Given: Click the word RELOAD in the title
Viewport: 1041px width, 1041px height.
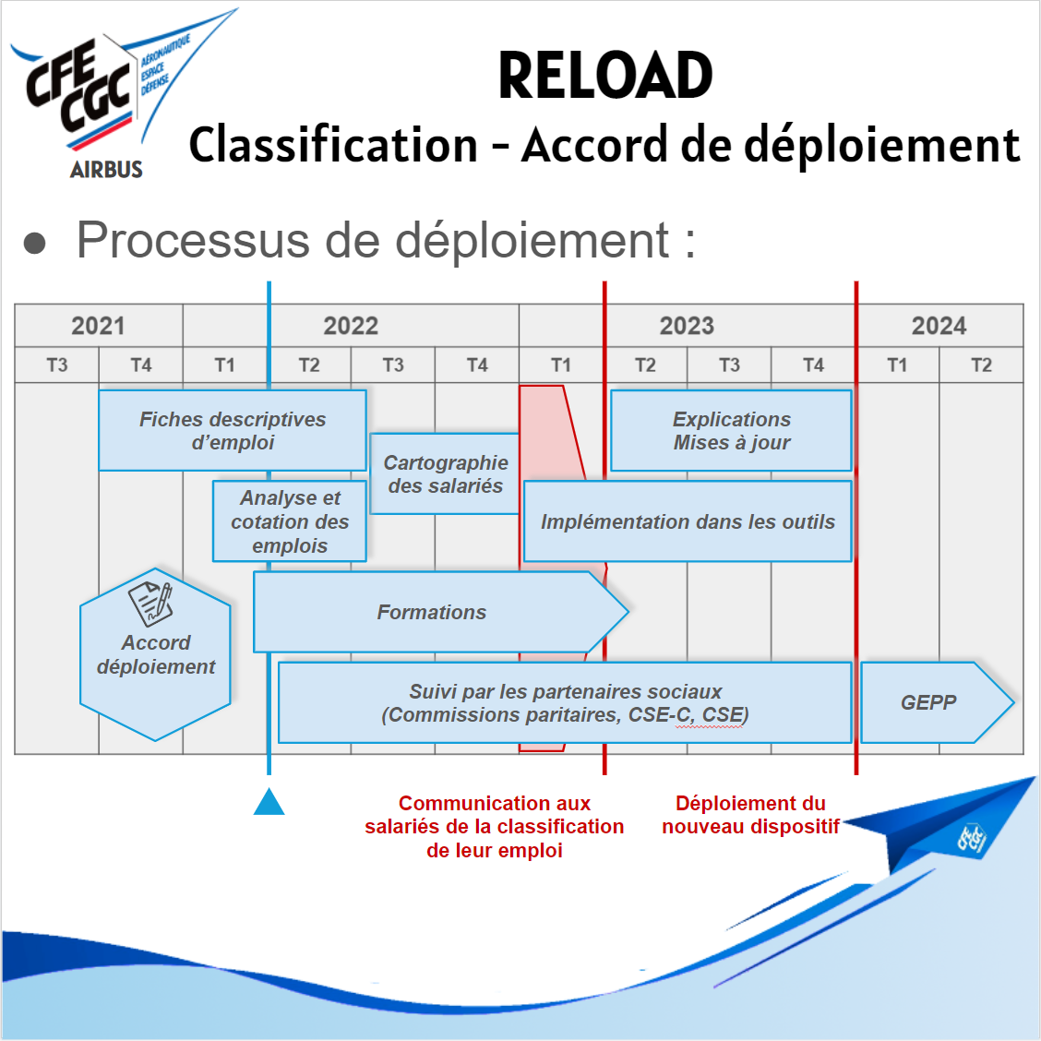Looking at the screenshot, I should tap(605, 76).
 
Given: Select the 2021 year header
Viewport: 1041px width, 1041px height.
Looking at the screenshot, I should tap(98, 326).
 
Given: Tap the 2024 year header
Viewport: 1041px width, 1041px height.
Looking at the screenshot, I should tap(939, 326).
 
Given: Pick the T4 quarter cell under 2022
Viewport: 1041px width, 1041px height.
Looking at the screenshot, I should tap(477, 365).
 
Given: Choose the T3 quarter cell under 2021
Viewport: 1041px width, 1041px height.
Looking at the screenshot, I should tap(57, 365).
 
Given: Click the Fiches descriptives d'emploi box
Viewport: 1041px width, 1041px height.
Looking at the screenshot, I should tap(233, 431).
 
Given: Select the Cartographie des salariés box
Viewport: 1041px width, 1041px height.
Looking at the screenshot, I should tap(445, 474).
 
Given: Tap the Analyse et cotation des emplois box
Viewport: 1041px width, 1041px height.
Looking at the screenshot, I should tap(290, 521).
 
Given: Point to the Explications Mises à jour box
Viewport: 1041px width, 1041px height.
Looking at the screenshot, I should tap(731, 431).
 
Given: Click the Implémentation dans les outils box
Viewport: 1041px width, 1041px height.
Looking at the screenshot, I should tap(688, 521).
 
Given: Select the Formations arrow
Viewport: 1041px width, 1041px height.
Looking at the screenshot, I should tap(432, 612).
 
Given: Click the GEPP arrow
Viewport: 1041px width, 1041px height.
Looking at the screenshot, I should tap(932, 702).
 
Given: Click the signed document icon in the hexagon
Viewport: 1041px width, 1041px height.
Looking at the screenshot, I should tap(150, 603).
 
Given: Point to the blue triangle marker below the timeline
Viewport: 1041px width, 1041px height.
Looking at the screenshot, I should tap(269, 804).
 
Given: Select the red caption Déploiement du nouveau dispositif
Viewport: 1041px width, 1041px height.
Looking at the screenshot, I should tap(750, 815).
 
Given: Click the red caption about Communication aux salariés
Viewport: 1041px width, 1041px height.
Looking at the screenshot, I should tap(495, 827).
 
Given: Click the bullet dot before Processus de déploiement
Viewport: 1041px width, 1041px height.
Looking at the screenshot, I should tap(35, 243).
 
